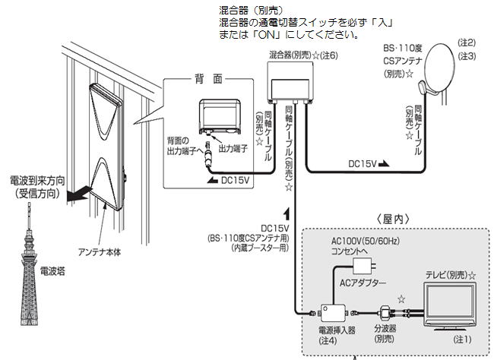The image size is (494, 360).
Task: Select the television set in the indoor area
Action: coord(449,304)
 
